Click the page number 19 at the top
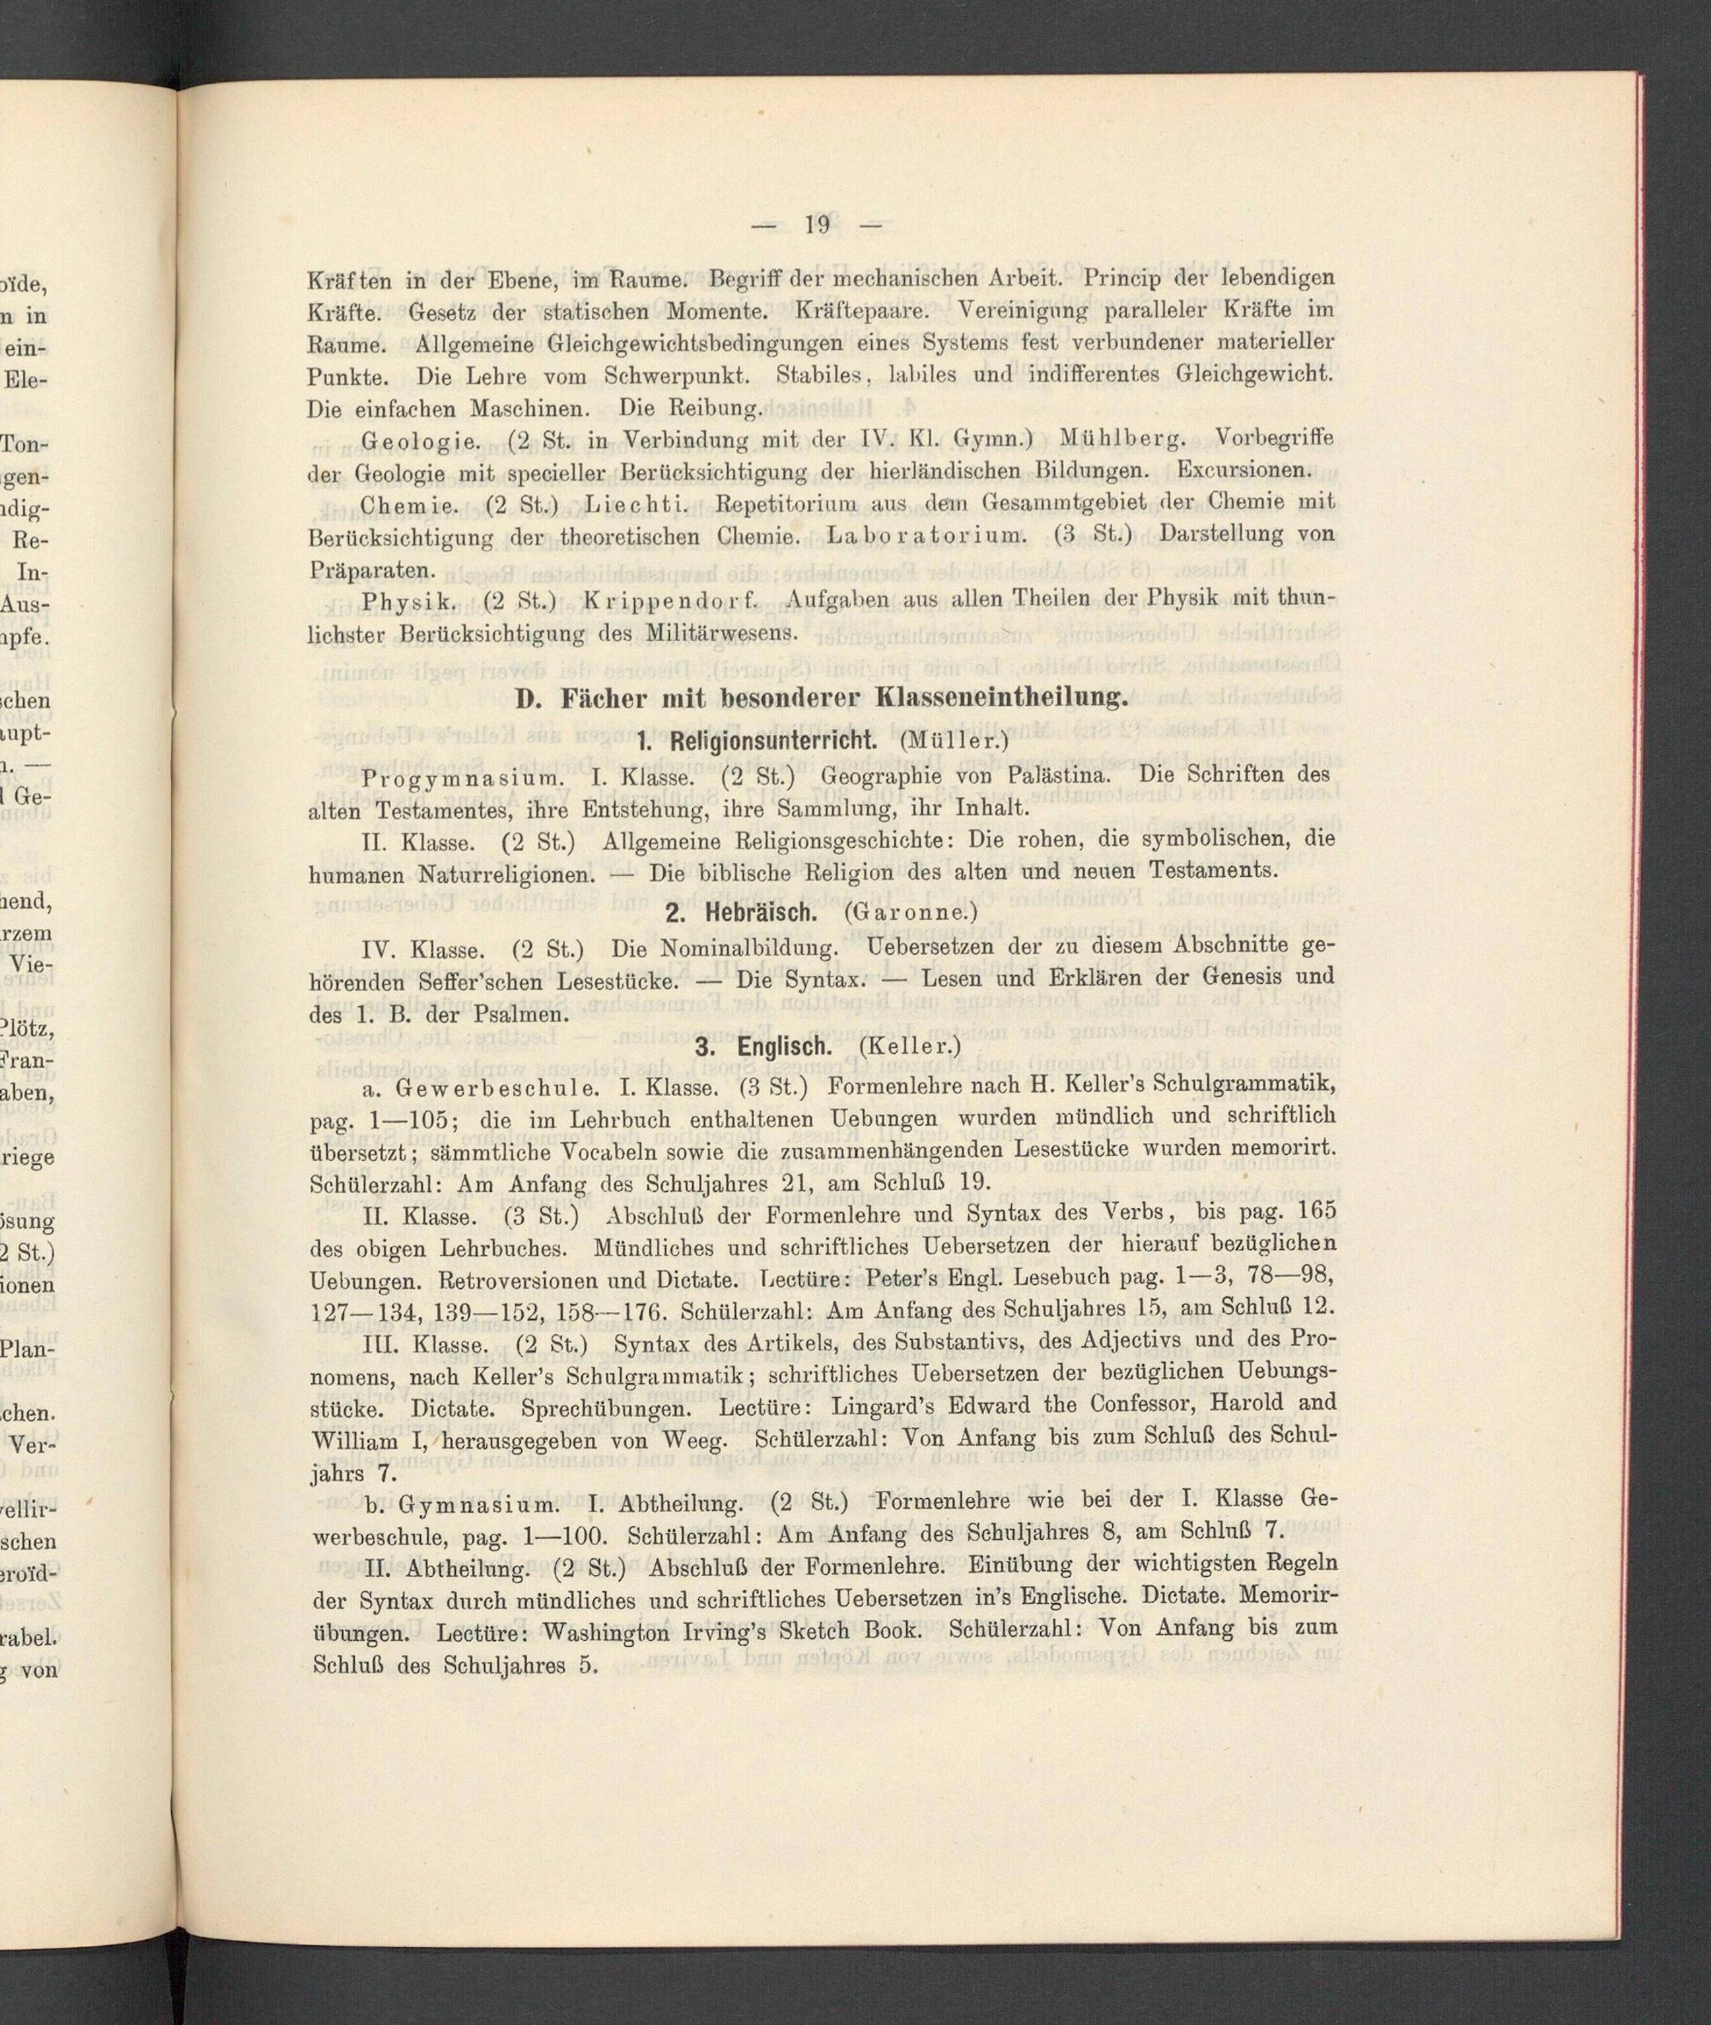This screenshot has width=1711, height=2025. point(817,225)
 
